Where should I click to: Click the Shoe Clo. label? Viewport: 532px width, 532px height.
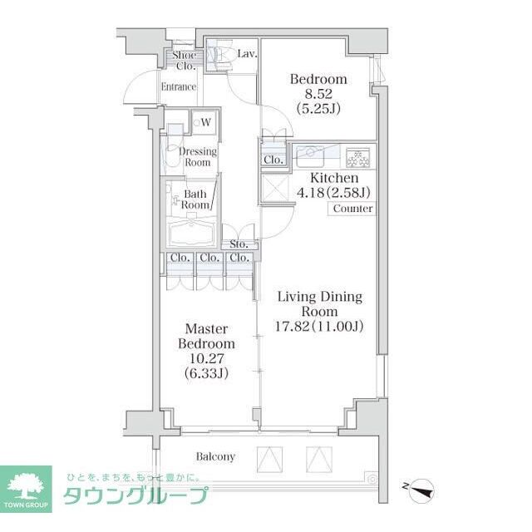[185, 60]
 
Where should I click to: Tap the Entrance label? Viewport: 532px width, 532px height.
[179, 86]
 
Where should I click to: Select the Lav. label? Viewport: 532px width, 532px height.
[247, 54]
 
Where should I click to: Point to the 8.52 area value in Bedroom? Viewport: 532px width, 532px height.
[317, 95]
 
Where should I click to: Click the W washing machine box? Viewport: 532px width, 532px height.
[204, 123]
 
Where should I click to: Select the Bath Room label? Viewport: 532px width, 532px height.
[196, 199]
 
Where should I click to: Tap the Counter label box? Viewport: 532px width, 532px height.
[352, 209]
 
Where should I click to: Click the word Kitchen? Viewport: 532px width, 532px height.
[334, 178]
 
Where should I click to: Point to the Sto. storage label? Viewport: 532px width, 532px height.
[239, 245]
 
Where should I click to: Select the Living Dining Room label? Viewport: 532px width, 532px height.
[319, 303]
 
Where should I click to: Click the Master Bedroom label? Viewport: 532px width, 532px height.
[206, 336]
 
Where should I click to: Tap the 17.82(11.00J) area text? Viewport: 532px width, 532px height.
[321, 325]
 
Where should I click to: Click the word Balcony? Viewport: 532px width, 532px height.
[215, 456]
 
